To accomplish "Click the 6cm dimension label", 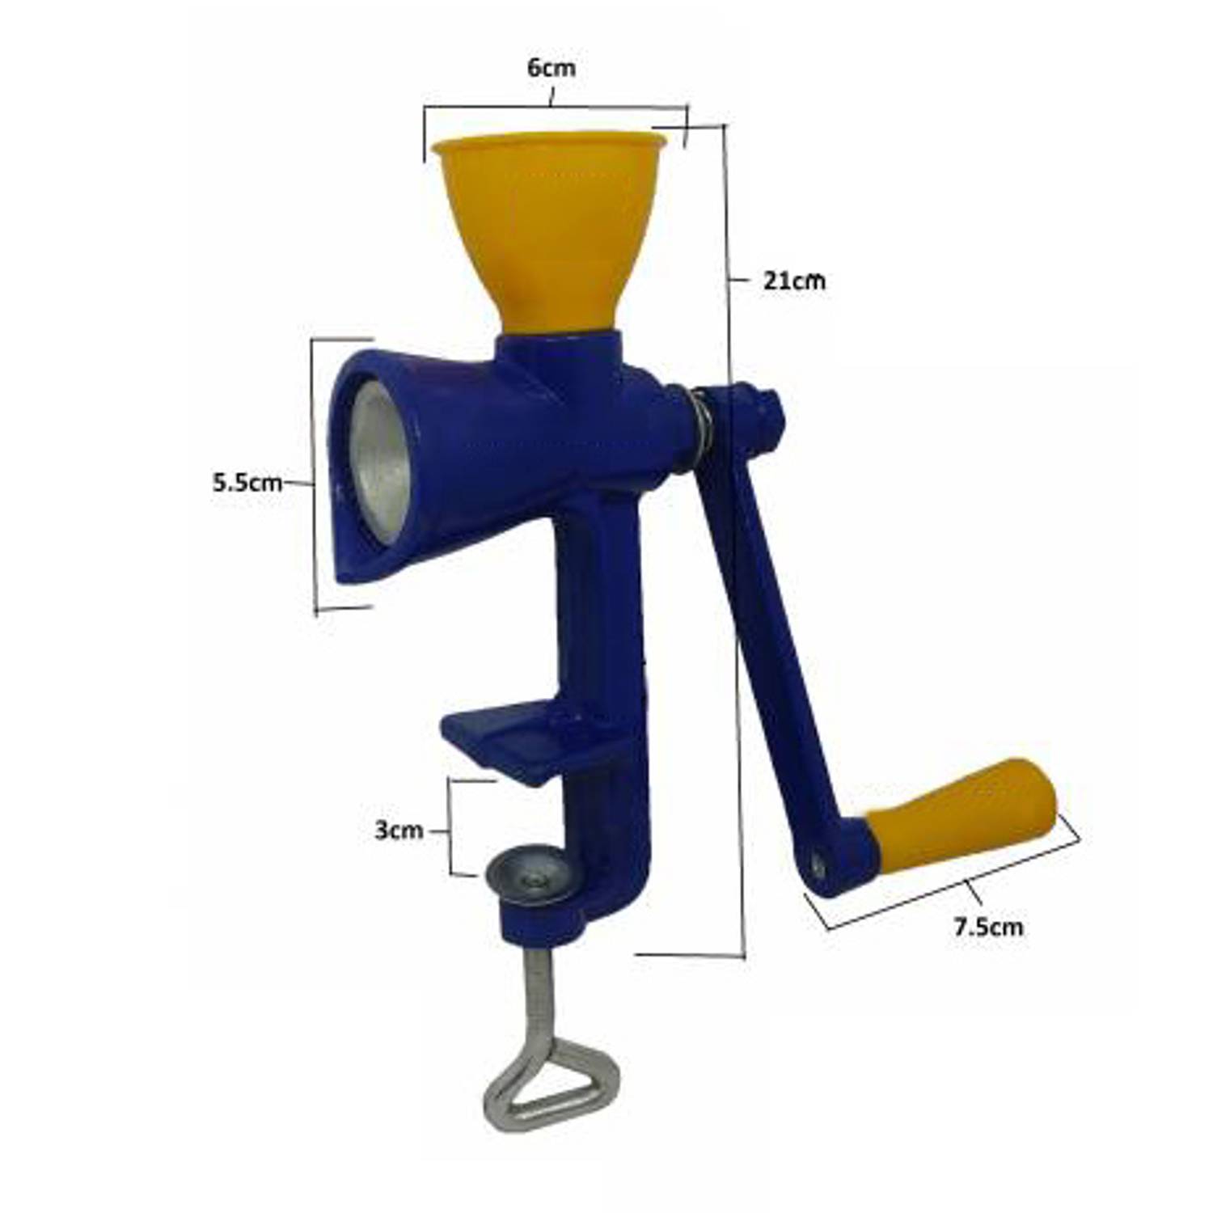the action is [x=552, y=68].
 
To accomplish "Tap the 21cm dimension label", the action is [x=795, y=281].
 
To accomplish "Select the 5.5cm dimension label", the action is [x=247, y=483].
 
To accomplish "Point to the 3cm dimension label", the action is [x=399, y=830].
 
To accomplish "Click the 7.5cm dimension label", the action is [x=988, y=927].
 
